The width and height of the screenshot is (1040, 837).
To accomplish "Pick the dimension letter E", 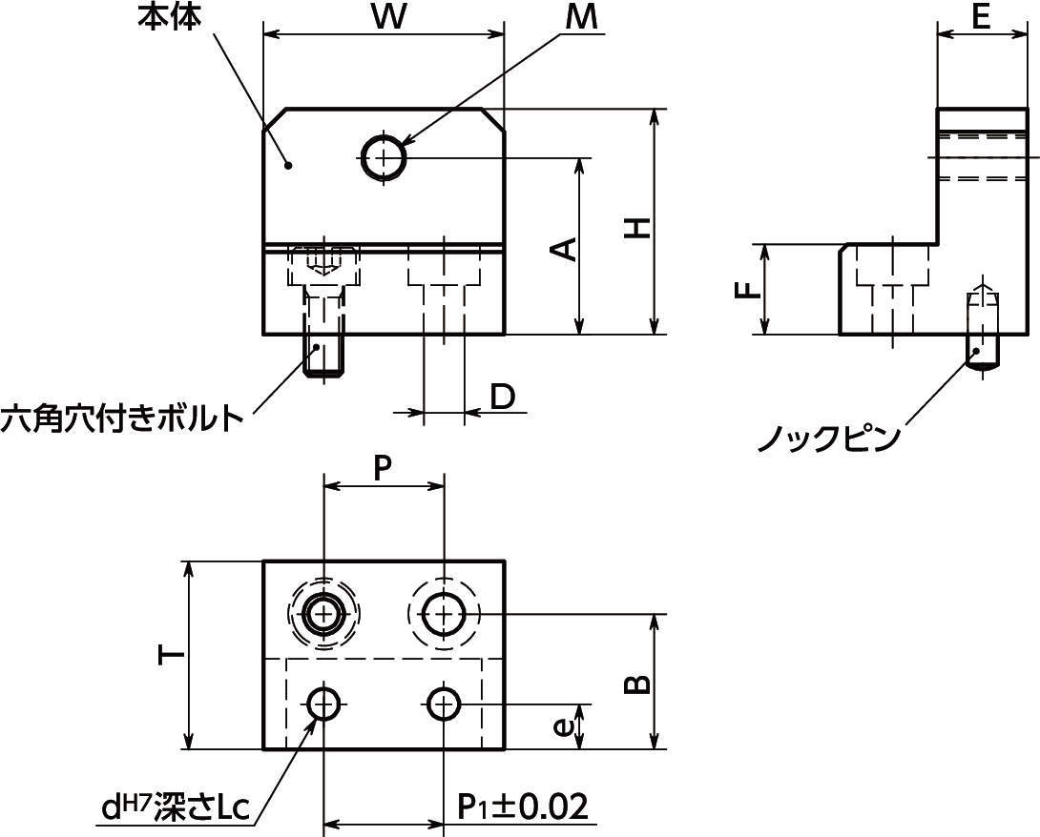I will pyautogui.click(x=980, y=17).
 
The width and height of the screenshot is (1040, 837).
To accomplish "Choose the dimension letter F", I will pyautogui.click(x=749, y=289).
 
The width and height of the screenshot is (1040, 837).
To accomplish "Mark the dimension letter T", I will pyautogui.click(x=171, y=654).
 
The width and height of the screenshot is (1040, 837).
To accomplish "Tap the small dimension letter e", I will pyautogui.click(x=563, y=726).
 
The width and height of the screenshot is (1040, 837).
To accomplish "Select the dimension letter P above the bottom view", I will pyautogui.click(x=383, y=468).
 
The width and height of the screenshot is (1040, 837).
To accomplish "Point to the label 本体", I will pyautogui.click(x=169, y=17).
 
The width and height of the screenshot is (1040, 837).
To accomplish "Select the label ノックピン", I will pyautogui.click(x=828, y=439).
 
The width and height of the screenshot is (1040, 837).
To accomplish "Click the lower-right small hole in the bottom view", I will pyautogui.click(x=443, y=705).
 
